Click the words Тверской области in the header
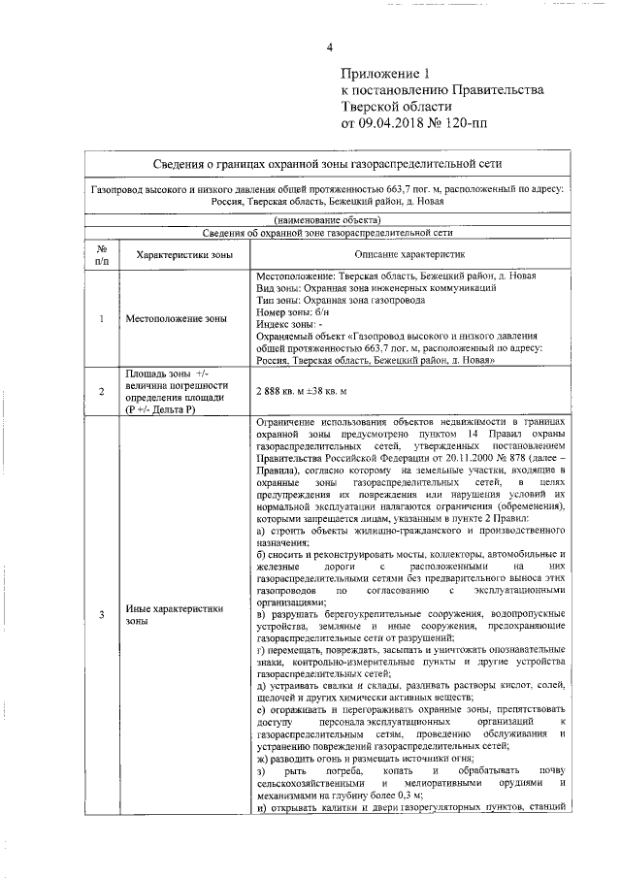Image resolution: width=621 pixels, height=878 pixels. coord(396,107)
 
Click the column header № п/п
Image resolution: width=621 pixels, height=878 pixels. coord(102,254)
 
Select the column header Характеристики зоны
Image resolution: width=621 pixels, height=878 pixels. coord(184,254)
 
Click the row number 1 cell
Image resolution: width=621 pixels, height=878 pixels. coord(102,318)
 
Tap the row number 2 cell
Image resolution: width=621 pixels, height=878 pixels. coord(102,391)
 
